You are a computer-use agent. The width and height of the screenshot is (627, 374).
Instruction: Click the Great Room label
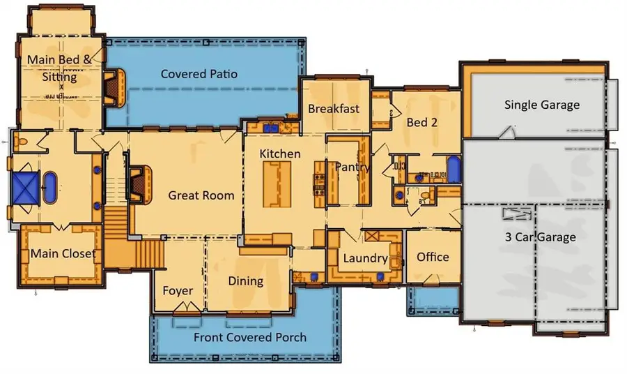click(201, 195)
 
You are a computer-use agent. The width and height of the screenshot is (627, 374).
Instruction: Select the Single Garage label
click(541, 105)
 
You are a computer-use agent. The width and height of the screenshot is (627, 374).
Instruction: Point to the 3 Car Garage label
click(541, 237)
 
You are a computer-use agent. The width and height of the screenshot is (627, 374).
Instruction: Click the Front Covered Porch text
click(249, 338)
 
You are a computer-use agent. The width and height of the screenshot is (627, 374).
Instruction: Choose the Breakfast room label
click(334, 108)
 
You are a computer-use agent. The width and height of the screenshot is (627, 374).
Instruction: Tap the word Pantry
click(352, 167)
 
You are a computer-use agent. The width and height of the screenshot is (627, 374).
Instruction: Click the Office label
click(433, 257)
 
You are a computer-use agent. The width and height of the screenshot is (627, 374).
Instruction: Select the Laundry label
click(365, 259)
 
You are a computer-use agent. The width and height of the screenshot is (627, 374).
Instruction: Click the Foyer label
click(178, 290)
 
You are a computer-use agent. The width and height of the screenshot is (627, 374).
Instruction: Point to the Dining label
click(246, 281)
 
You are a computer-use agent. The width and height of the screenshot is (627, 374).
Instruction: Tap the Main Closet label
click(63, 253)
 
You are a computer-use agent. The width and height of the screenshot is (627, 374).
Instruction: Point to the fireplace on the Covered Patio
click(114, 87)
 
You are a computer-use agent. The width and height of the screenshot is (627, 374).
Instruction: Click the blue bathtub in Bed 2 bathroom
click(454, 169)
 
